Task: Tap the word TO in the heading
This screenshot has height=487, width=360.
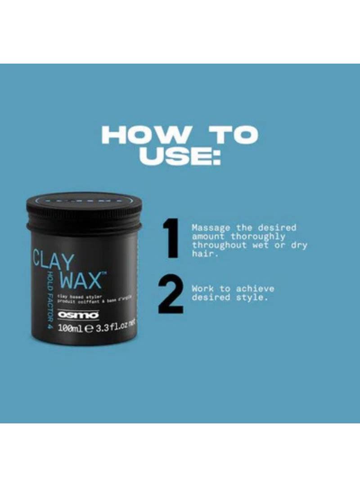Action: tap(231, 135)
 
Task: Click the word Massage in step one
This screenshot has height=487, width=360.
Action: tap(211, 228)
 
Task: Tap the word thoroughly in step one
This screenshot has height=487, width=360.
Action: tap(258, 237)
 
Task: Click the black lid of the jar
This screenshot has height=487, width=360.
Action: tap(84, 209)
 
